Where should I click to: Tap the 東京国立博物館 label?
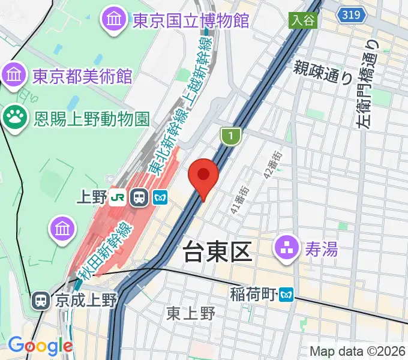(191, 21)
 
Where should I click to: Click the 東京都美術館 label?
(82, 76)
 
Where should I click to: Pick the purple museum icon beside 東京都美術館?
(14, 75)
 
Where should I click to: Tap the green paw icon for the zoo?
(14, 118)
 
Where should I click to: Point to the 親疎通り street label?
(323, 71)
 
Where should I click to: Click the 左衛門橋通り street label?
(368, 84)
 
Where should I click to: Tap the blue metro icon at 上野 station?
(160, 196)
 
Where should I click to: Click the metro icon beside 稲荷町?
(287, 294)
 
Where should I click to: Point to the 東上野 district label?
(191, 313)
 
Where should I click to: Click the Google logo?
(40, 346)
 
